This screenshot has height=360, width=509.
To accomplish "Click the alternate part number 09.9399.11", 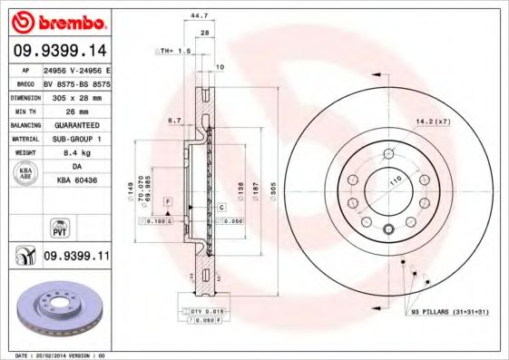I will (76, 258).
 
